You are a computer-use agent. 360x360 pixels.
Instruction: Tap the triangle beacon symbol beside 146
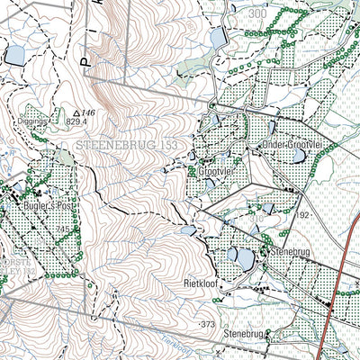coord(76,113)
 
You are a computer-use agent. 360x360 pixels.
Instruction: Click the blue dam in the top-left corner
coord(14,56)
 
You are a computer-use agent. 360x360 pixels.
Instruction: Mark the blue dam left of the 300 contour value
coord(218,37)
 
